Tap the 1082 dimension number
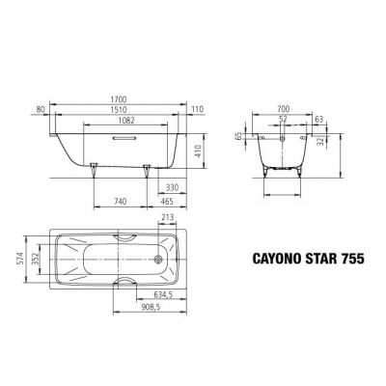coord(120,122)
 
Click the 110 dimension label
coord(199,110)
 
